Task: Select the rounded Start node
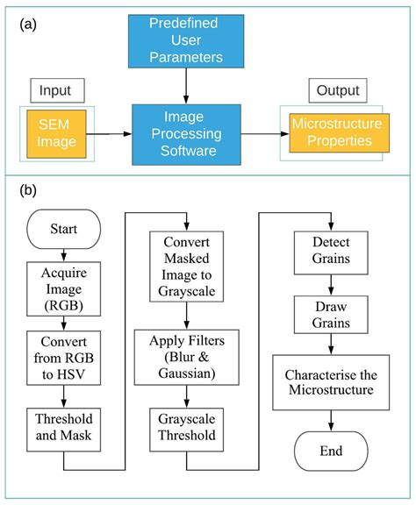tap(63, 229)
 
